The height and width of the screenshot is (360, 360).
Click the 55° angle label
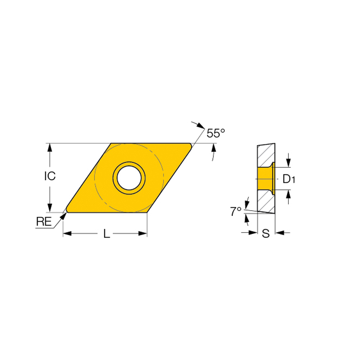[215, 134]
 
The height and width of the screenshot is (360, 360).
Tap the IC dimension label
[50, 176]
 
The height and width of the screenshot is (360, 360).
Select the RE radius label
[44, 222]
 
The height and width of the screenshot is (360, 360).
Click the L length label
[107, 234]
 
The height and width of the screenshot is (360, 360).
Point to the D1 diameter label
[289, 179]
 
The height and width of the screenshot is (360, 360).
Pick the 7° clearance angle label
[236, 212]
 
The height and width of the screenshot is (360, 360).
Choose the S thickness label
[266, 234]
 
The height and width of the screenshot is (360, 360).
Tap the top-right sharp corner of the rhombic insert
[190, 145]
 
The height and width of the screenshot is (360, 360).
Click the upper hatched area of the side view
[266, 155]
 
